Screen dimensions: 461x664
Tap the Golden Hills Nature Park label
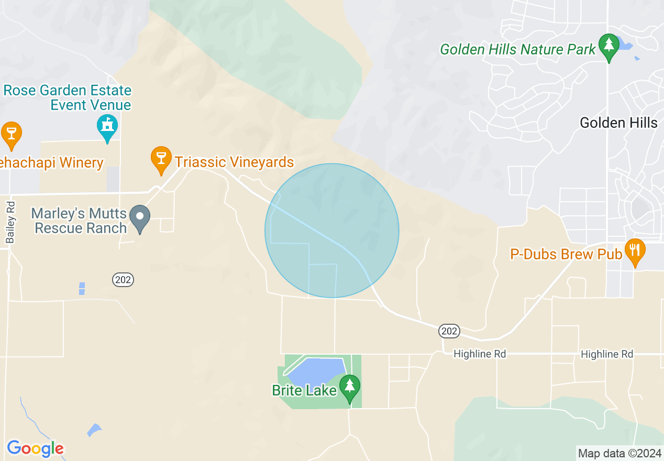[x=518, y=50]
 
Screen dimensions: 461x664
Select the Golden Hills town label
[x=618, y=123]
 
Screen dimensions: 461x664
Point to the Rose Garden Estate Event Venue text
[x=68, y=97]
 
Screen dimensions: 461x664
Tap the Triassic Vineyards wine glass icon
[x=161, y=159]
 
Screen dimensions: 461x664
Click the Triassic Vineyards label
[x=234, y=162]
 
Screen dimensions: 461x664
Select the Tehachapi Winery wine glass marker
[x=11, y=134]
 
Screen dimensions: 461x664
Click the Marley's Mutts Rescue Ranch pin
[x=140, y=217]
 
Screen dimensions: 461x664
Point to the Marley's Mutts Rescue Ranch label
[x=79, y=221]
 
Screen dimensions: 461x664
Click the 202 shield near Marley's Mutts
[x=123, y=280]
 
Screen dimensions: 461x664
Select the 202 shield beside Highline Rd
[x=449, y=331]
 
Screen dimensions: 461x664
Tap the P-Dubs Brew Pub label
[x=566, y=255]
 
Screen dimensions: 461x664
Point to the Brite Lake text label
[x=304, y=390]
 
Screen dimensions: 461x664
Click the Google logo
[x=35, y=448]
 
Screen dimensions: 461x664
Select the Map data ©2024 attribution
[x=619, y=453]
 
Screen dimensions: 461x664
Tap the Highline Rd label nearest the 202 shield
[x=480, y=354]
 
